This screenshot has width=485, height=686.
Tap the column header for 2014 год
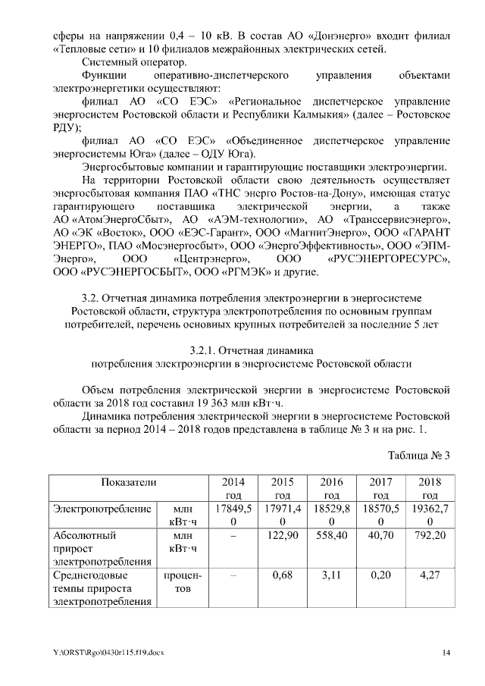[x=233, y=488]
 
